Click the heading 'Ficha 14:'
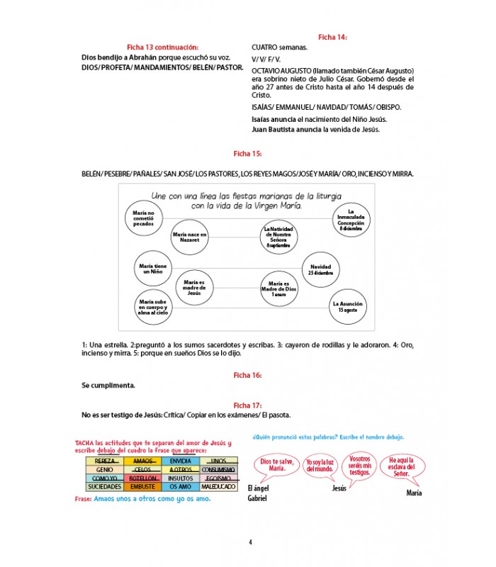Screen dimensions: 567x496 (332, 37)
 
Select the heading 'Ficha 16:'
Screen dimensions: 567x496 (247, 374)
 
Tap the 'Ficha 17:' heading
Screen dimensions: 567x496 (247, 405)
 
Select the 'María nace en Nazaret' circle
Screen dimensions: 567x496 (189, 237)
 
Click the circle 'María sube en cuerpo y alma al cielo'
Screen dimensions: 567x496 (154, 307)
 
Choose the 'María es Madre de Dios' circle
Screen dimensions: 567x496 (278, 288)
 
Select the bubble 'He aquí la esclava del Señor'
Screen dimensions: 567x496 (407, 468)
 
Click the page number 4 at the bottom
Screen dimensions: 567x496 (250, 543)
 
